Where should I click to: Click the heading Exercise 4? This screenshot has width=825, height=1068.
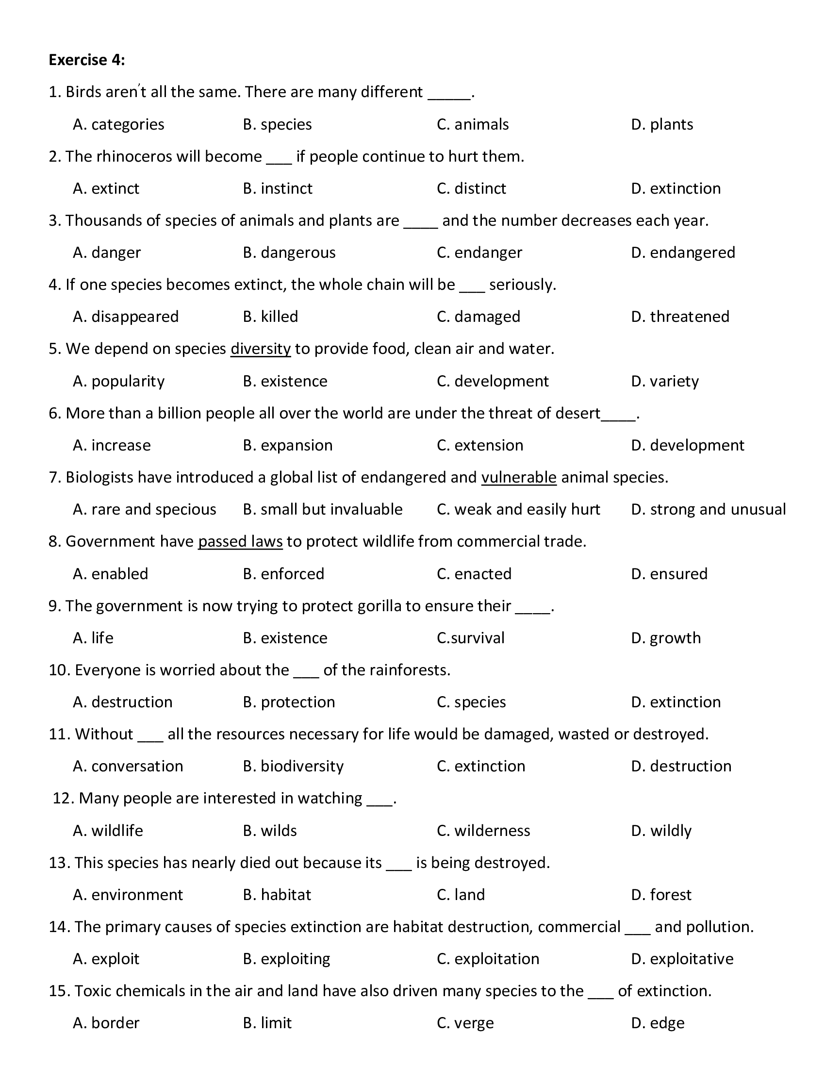[x=86, y=60]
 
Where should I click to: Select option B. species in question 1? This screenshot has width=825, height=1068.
[x=277, y=124]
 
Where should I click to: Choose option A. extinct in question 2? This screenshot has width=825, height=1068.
[x=106, y=188]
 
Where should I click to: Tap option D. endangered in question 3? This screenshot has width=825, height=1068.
[x=683, y=252]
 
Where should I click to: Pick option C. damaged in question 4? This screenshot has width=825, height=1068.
[x=478, y=317]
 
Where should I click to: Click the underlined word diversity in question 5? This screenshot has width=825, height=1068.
[x=261, y=349]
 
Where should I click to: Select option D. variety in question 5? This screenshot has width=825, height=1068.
[x=665, y=381]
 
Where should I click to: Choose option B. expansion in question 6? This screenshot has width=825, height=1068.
[x=287, y=445]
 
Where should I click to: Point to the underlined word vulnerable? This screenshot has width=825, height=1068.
[x=519, y=477]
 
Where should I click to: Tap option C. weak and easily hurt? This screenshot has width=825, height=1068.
[x=518, y=509]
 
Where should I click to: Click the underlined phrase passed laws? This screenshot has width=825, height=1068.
[x=240, y=541]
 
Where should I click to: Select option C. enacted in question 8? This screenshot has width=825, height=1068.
[x=474, y=574]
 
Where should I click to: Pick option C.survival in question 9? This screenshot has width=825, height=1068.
[x=470, y=638]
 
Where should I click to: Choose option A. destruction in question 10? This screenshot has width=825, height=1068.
[x=123, y=702]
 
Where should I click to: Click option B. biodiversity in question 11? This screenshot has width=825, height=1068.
[x=293, y=766]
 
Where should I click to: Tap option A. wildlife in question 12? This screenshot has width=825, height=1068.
[x=108, y=830]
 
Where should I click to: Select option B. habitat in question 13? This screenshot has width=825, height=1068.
[x=277, y=894]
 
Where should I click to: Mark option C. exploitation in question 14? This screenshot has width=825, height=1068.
[x=488, y=958]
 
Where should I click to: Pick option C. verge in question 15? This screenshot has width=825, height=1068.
[x=465, y=1022]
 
